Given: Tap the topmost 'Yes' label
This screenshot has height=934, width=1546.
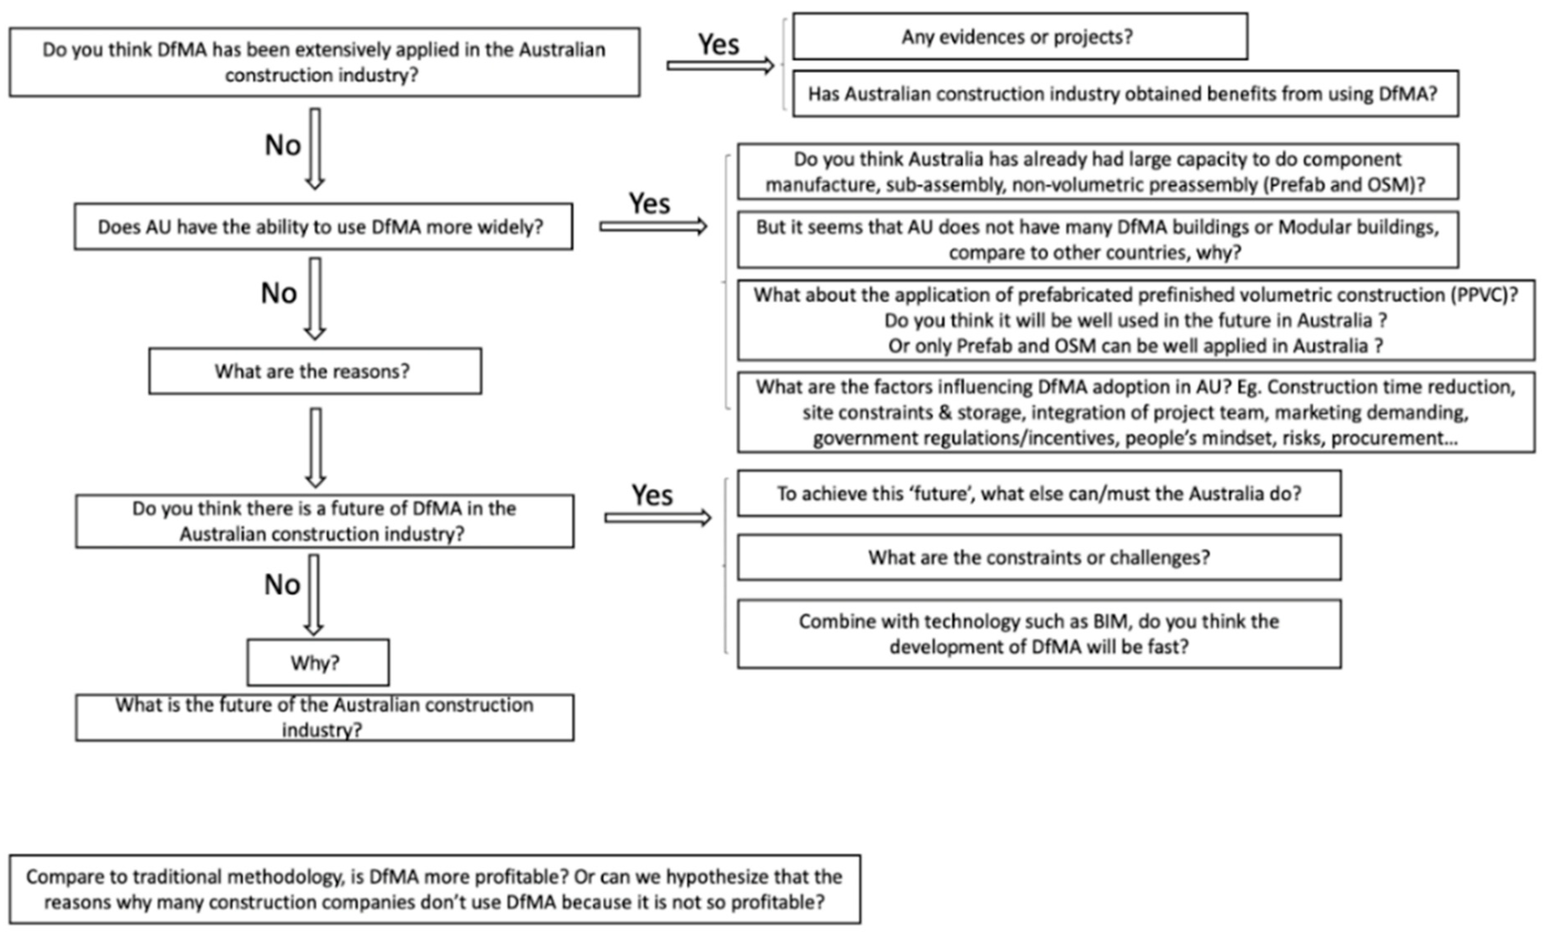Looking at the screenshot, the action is [x=719, y=44].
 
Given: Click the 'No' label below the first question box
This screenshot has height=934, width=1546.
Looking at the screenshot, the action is [x=283, y=146].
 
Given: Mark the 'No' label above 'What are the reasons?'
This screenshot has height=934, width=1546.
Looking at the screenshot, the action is [x=279, y=294].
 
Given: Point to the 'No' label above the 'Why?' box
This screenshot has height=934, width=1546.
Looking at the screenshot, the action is [x=282, y=585].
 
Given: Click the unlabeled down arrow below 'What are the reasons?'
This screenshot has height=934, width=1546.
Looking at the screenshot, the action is [x=316, y=448].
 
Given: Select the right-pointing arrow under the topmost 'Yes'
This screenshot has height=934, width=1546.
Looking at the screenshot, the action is [x=720, y=65].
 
